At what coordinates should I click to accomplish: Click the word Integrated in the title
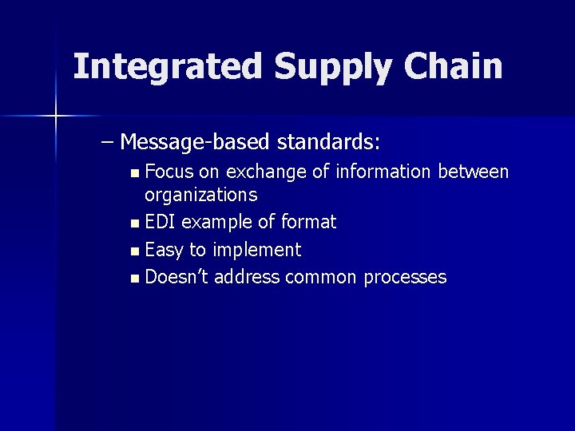coord(168,66)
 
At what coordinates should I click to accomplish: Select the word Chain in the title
coord(454,66)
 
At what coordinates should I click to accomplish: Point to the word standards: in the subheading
coord(328,143)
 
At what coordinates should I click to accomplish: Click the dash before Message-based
coord(108,143)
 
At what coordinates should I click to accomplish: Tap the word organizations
coord(200,195)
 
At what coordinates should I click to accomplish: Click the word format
coord(308,222)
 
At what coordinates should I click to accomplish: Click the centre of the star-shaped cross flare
coord(56,117)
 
